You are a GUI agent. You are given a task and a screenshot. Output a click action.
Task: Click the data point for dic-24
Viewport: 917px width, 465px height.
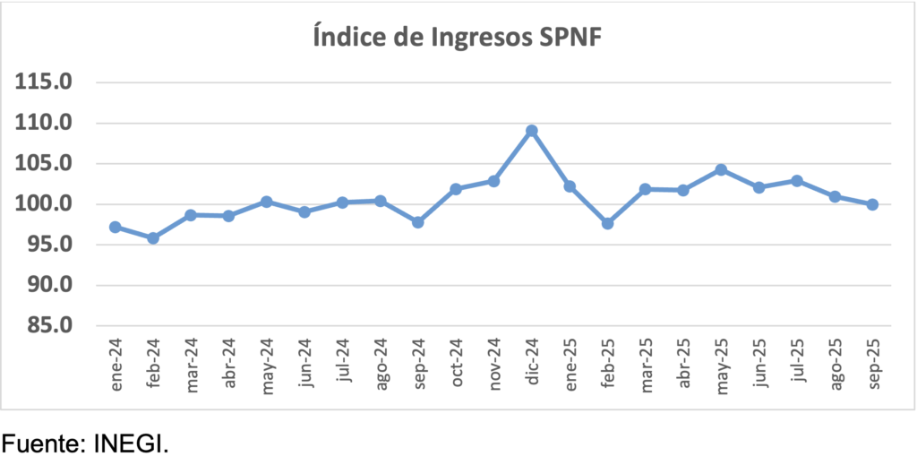[x=531, y=131]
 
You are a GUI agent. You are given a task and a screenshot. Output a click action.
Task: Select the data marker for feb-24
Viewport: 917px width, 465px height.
[x=153, y=238]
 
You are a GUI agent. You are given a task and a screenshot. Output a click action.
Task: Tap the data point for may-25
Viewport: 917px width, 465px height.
[x=721, y=169]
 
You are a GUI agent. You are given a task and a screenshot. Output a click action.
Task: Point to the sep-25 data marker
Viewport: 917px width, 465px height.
[x=872, y=204]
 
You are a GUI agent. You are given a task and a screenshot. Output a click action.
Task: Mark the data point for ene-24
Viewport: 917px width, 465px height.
[x=115, y=227]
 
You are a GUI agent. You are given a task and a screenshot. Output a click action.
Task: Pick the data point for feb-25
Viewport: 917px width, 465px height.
[x=607, y=223]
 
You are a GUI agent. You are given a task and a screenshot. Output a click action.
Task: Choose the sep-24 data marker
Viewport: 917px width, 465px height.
[x=418, y=221]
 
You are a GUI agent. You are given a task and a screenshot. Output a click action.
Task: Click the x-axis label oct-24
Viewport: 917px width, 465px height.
[x=457, y=364]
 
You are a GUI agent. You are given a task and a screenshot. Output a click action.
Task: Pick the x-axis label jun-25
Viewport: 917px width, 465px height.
[x=759, y=364]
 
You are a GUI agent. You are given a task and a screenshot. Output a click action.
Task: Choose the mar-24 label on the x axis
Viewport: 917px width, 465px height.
[x=192, y=364]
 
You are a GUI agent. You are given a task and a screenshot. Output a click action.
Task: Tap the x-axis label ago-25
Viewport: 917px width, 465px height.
[x=836, y=364]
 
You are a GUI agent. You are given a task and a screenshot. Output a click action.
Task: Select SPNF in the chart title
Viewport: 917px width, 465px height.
[x=570, y=39]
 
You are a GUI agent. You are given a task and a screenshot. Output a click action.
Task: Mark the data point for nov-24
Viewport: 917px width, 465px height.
[x=493, y=181]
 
